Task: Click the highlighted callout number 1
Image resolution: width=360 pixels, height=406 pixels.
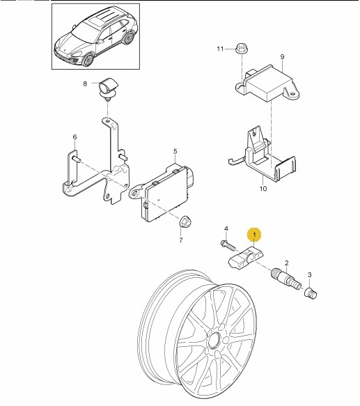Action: point(254,235)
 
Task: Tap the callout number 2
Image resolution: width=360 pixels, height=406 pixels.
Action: point(286,263)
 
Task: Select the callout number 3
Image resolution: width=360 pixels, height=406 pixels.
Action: point(310,275)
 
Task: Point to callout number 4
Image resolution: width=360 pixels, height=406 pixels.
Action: point(226,228)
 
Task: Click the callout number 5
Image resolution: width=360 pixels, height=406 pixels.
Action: point(175,151)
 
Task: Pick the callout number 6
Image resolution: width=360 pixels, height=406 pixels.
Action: point(75,137)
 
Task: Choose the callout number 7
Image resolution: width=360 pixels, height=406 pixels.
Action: point(181,240)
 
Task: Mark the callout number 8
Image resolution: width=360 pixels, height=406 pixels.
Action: point(85,84)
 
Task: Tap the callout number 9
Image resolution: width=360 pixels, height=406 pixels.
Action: point(282,56)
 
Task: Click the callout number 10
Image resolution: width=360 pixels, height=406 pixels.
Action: point(263,189)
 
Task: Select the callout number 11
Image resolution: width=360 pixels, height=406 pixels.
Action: point(220,49)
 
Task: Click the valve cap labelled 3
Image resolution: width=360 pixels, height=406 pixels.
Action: point(311,293)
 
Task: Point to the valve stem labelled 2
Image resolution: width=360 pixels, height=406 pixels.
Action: point(285,279)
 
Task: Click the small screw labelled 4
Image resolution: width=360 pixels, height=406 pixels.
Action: point(228,245)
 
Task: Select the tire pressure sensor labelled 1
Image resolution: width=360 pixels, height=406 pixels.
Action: point(245,258)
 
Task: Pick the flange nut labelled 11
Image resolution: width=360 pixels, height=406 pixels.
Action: point(242,49)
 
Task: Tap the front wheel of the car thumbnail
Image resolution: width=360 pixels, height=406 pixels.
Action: point(88,59)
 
